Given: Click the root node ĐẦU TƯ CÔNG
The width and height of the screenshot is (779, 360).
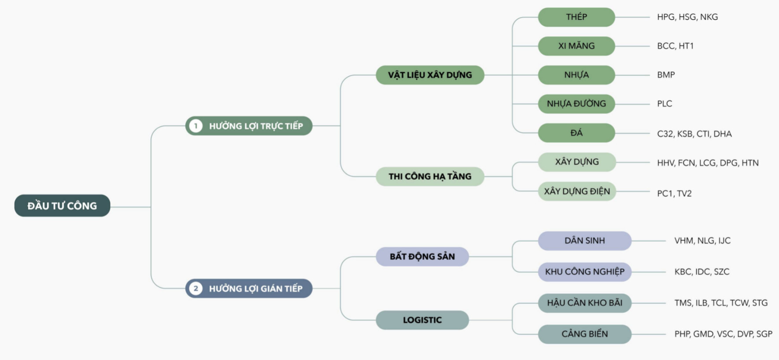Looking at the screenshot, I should [62, 206].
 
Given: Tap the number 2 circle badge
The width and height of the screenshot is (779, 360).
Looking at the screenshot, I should [196, 289].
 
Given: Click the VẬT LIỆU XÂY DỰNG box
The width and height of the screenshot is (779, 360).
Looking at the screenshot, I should [430, 75].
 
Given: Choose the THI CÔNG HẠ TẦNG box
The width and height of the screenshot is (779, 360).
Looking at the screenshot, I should [430, 176].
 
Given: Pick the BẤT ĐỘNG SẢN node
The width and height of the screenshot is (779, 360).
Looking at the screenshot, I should [422, 256].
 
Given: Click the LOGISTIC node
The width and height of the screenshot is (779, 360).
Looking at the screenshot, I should [422, 320].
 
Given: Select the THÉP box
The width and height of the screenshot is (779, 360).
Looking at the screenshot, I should [576, 17].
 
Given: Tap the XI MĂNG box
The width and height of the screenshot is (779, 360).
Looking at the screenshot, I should [576, 46].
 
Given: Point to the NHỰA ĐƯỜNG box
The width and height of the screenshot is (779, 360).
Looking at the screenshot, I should [576, 104].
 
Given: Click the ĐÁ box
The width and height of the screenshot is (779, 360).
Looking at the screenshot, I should [576, 133].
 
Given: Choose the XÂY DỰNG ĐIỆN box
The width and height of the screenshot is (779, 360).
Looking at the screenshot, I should [576, 191].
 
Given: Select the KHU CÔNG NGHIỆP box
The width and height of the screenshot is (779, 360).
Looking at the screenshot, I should [584, 271].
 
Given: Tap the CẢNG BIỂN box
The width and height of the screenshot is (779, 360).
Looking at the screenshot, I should [584, 334].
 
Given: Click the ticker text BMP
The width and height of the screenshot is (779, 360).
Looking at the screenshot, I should [666, 75].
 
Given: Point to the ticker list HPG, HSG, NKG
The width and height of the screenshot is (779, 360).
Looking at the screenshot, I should [687, 17].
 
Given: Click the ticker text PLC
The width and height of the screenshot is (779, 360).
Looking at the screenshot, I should [665, 104].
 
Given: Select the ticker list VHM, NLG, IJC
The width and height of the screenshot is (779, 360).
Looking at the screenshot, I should [702, 241].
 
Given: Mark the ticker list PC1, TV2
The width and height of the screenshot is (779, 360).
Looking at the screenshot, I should [674, 193].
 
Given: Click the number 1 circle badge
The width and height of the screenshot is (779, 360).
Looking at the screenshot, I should [196, 126].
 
